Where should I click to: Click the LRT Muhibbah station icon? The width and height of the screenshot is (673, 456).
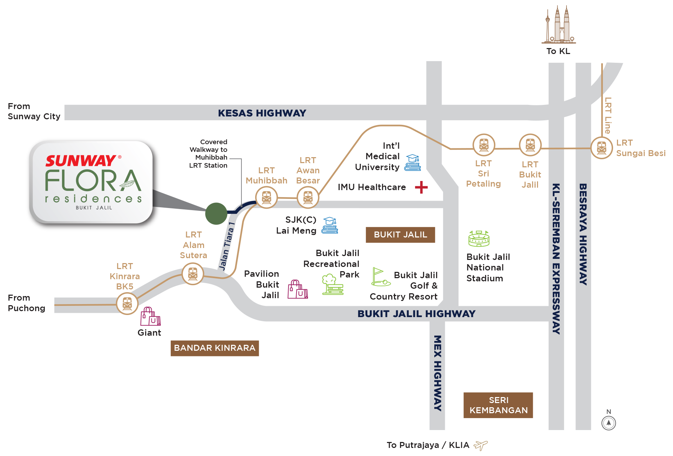tap(266, 197)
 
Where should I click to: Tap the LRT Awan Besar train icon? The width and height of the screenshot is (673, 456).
tap(308, 197)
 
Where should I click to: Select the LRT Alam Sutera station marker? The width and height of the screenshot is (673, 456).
tap(193, 274)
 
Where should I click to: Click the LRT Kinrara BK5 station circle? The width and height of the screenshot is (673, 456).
tap(127, 304)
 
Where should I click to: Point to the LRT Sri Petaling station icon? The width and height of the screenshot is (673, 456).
tap(484, 145)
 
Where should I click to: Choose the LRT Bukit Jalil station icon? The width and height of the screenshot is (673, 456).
tap(530, 145)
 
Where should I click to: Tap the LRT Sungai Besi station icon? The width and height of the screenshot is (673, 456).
tap(601, 148)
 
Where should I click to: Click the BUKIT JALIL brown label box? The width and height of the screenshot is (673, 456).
tap(400, 235)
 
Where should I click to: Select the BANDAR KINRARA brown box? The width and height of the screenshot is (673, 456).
tap(215, 348)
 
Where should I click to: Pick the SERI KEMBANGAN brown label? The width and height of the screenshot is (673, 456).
tap(498, 405)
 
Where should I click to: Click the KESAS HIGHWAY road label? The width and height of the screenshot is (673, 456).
tap(262, 113)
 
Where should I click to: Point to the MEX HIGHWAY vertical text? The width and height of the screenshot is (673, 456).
tap(437, 373)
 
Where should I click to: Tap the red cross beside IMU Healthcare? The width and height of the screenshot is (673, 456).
tap(421, 187)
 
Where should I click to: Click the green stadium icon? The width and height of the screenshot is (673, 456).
tap(479, 239)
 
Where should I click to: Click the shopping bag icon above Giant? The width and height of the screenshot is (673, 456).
tap(150, 316)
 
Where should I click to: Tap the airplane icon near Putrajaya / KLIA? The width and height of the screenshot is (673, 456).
tap(481, 445)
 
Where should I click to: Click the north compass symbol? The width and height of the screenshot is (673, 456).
tap(609, 423)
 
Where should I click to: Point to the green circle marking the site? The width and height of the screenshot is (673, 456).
tap(216, 213)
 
